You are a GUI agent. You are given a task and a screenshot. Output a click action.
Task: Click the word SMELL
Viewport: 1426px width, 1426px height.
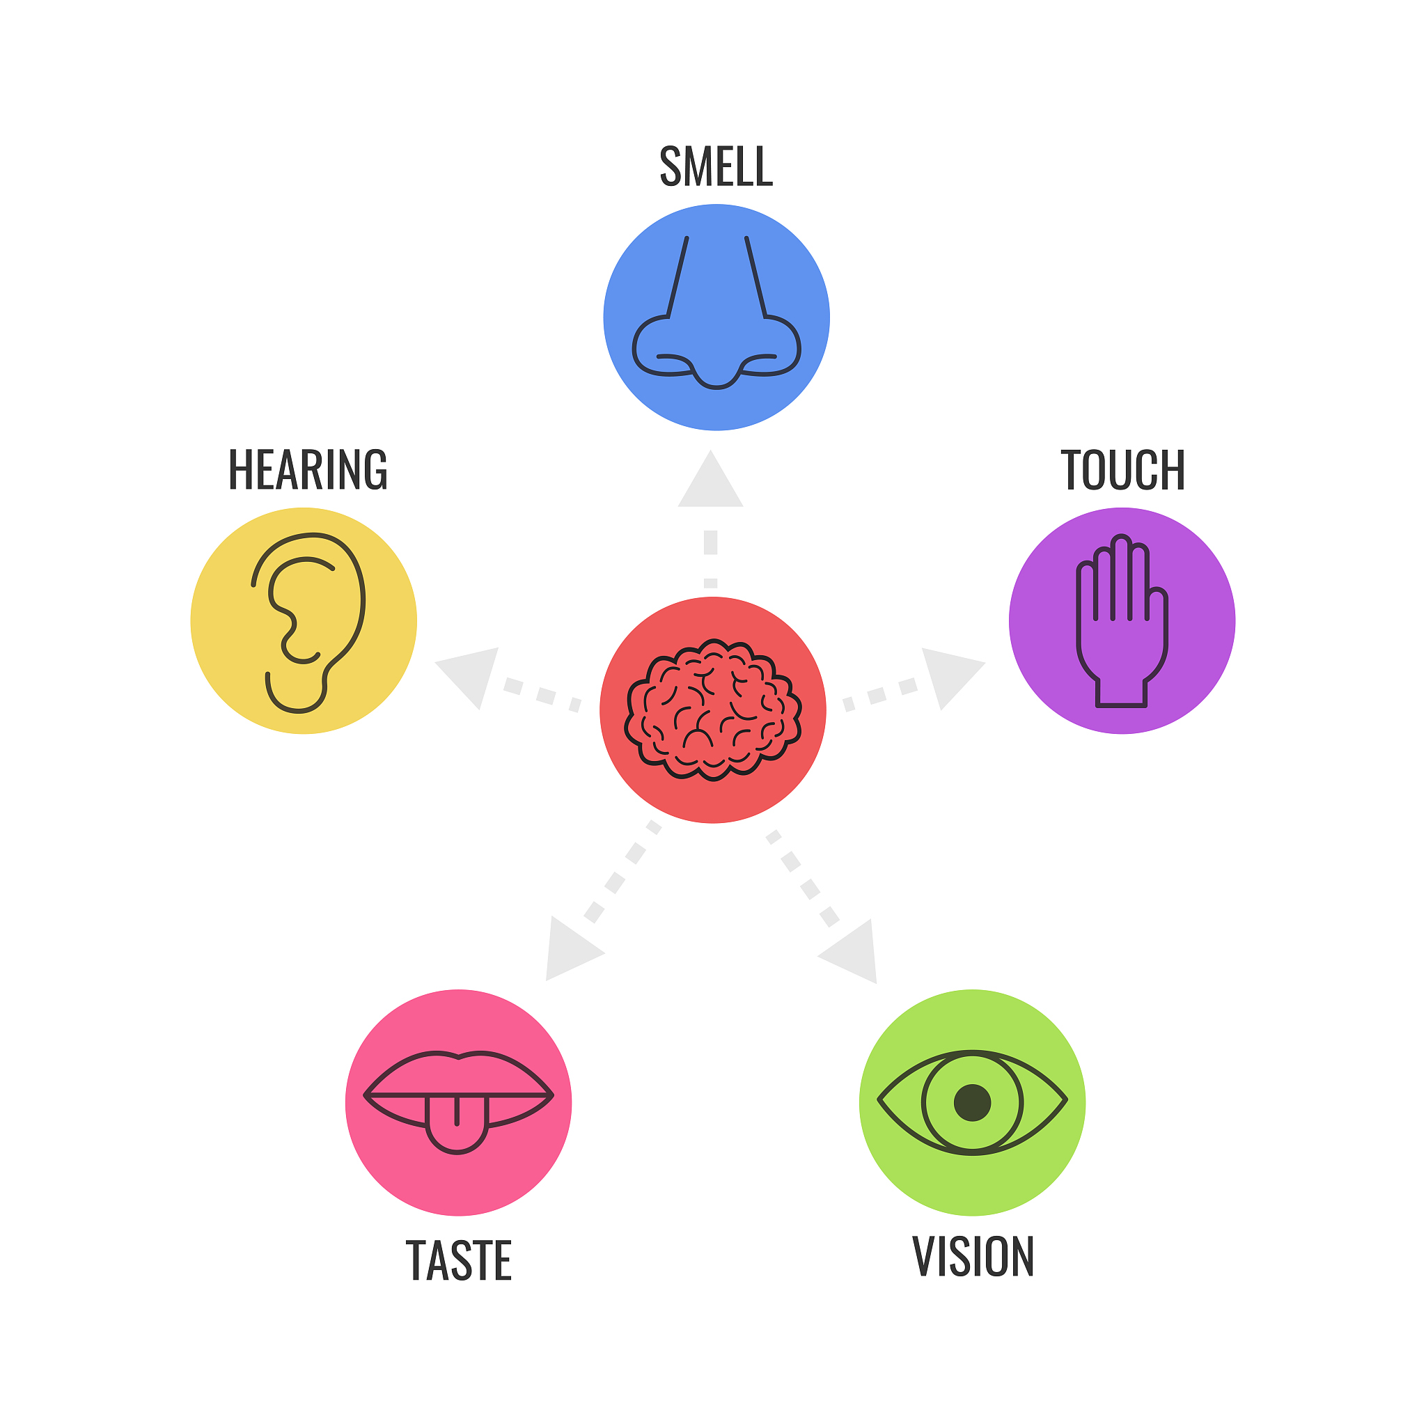716,166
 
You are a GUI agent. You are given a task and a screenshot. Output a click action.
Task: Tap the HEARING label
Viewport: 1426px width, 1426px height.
308,469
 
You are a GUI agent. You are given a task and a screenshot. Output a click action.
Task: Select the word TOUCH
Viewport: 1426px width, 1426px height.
1122,469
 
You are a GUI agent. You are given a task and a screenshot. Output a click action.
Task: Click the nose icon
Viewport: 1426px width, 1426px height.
716,312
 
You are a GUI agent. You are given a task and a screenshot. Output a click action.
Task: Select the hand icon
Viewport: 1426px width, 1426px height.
1122,620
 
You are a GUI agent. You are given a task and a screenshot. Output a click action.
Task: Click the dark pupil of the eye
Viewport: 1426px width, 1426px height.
972,1103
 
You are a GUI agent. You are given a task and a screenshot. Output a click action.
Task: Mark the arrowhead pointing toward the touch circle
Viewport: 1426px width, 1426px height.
950,675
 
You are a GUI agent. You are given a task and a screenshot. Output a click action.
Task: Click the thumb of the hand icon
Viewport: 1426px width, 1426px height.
1157,620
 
